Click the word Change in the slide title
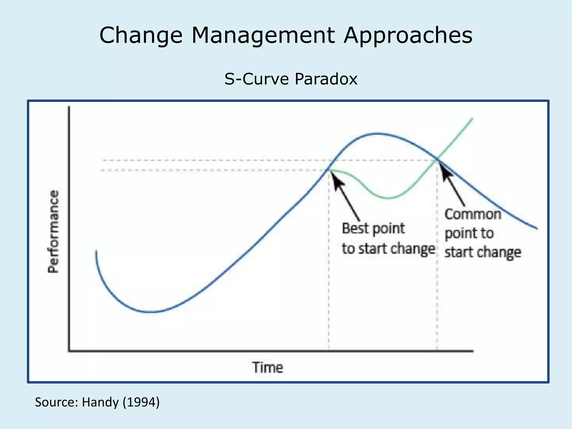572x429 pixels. (x=141, y=36)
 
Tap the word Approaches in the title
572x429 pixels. (x=408, y=36)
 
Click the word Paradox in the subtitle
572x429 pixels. (x=326, y=79)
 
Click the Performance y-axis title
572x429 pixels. (x=53, y=232)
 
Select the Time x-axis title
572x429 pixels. (x=268, y=368)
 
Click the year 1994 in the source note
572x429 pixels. (x=141, y=402)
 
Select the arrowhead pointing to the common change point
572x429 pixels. (x=444, y=169)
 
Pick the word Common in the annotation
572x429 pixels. (x=473, y=214)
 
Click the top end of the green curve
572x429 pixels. (x=472, y=118)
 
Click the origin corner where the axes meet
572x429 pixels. (x=69, y=351)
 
